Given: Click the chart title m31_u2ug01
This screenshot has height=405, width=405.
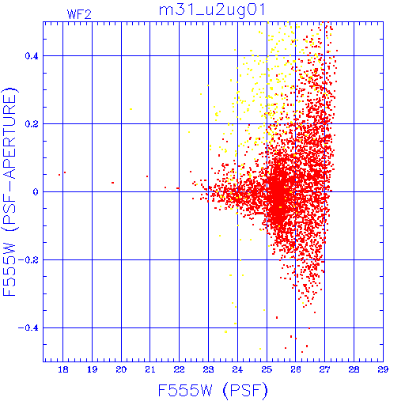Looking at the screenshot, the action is coord(212,10).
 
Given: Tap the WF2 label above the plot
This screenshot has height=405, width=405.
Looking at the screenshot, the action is coord(79,14).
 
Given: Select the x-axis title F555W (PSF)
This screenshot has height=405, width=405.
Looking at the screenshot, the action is coord(213,390).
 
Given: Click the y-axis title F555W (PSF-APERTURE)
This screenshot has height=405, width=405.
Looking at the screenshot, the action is coord(9,192).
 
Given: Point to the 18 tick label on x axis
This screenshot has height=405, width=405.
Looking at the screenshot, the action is coord(63,369).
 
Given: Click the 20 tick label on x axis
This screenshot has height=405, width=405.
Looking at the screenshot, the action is coord(121,369).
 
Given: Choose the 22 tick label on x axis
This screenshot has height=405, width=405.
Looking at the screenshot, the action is coord(180,369).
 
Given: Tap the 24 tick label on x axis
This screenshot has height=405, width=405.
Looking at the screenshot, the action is coord(237,369).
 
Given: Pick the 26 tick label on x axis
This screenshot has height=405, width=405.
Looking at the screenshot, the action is coord(296,369).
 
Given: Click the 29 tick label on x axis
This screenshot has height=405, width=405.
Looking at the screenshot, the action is coord(383,369).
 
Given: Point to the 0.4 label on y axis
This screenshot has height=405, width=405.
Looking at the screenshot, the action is coord(32,56).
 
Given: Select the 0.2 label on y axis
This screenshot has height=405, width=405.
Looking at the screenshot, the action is coord(32,124).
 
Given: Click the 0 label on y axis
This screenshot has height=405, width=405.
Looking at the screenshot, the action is coord(36,192).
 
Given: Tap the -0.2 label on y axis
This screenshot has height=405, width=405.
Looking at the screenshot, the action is coord(28,260).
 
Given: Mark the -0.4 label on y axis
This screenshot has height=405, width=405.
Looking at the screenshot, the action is coord(28,328).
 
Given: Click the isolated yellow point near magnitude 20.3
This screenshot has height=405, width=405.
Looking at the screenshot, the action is coord(131,109).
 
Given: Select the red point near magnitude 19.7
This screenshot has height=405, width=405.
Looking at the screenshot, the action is coord(112,183).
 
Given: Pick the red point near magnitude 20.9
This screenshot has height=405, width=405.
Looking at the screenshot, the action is coord(147,176).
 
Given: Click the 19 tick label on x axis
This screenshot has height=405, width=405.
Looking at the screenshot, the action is coord(93,369).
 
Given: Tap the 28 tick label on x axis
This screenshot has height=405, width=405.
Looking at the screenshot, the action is coord(354,369).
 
